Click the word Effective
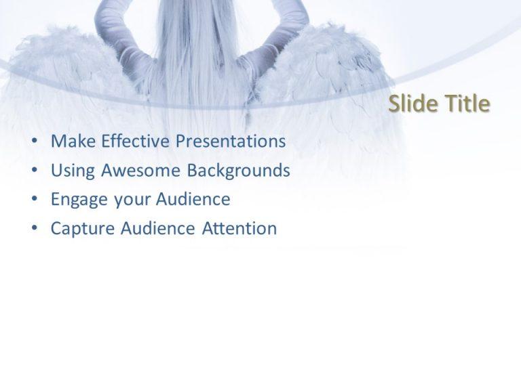[x=135, y=142]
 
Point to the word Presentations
[x=231, y=142]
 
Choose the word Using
[x=73, y=171]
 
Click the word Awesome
[x=132, y=171]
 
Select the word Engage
[x=75, y=200]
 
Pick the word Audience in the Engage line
[x=193, y=200]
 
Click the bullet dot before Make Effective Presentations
[x=35, y=142]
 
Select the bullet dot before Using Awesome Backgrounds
[x=35, y=171]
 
